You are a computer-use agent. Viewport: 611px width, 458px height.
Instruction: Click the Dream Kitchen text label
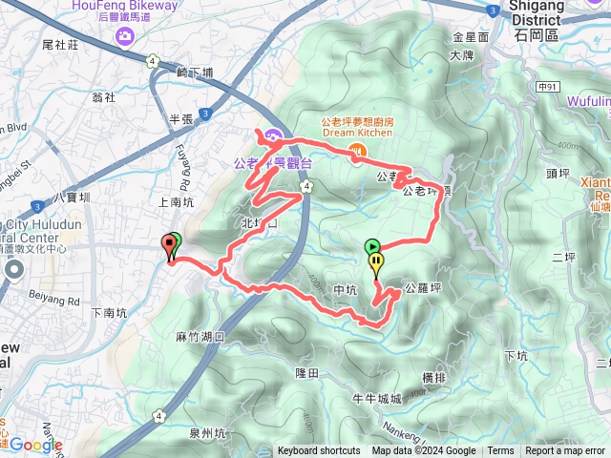[x=358, y=133]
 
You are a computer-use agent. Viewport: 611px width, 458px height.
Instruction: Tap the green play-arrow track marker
[x=371, y=246]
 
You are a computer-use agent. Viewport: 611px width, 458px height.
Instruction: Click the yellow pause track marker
[x=377, y=260]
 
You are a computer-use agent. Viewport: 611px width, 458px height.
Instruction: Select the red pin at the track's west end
[x=172, y=244]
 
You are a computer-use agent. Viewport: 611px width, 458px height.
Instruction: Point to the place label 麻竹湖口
[x=199, y=337]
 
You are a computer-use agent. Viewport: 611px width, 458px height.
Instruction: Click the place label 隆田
[x=306, y=373]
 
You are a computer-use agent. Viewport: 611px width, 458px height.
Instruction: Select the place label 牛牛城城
[x=376, y=399]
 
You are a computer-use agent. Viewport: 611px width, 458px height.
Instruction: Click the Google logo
[x=35, y=445]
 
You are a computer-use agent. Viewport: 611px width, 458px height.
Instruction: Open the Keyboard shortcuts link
[x=319, y=451]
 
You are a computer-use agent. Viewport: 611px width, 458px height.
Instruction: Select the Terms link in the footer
[x=500, y=451]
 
